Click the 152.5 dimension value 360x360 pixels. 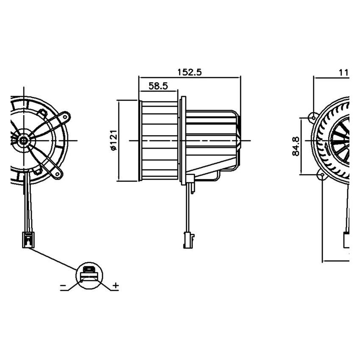click(x=189, y=72)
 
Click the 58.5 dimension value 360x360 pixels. click(x=158, y=86)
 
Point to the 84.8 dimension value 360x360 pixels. click(x=296, y=146)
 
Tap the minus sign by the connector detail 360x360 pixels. click(x=63, y=287)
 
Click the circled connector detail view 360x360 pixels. click(x=89, y=275)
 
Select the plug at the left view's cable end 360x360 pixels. click(x=28, y=240)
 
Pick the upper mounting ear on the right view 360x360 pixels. click(x=313, y=116)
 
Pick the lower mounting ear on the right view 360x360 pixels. click(x=322, y=174)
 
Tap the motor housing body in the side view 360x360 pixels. click(x=212, y=136)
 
